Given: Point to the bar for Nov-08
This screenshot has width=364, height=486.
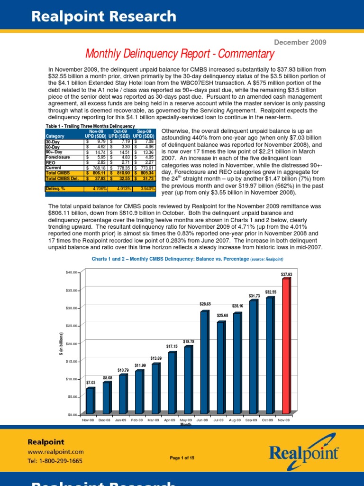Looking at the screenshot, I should tap(90, 401).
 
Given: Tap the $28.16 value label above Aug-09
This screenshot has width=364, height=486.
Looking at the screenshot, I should tap(237, 306).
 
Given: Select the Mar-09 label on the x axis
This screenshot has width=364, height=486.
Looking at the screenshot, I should tap(154, 420).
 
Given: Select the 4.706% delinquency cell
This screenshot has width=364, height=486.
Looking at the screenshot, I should tap(97, 188).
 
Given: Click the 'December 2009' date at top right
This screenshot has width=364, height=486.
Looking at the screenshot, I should tap(302, 42).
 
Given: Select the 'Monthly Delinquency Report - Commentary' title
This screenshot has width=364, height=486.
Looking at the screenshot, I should tap(180, 54).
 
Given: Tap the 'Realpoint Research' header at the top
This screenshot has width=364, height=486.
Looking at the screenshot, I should tap(104, 17).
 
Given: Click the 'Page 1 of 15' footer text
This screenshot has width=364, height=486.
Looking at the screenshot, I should tap(182, 458).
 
